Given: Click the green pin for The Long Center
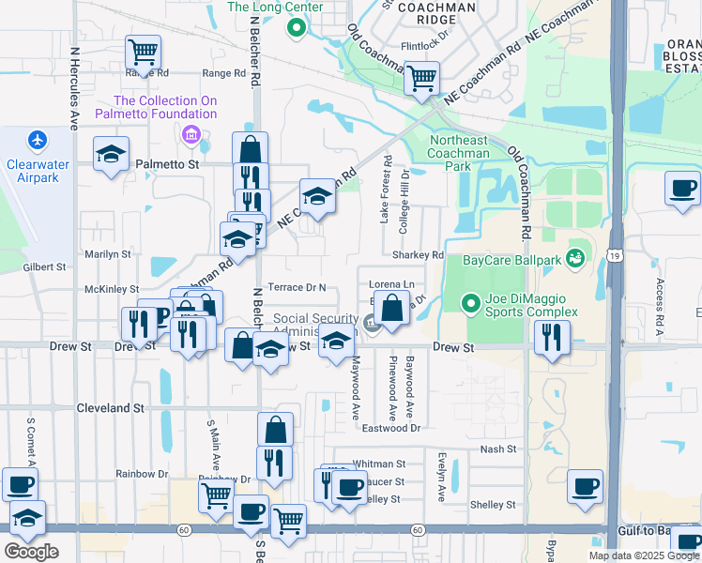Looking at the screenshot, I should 297,28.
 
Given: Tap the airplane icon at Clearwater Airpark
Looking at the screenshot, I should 37,140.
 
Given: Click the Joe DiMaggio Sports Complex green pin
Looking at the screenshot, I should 472,302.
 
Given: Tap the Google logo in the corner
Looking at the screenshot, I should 31,551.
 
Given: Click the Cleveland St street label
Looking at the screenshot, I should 112,408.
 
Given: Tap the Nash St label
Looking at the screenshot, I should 498,449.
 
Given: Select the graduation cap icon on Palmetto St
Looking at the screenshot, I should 111,155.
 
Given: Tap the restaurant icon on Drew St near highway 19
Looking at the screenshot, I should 552,336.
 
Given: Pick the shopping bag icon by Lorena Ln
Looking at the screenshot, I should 390,308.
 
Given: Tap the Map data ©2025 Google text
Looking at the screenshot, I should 644,555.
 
